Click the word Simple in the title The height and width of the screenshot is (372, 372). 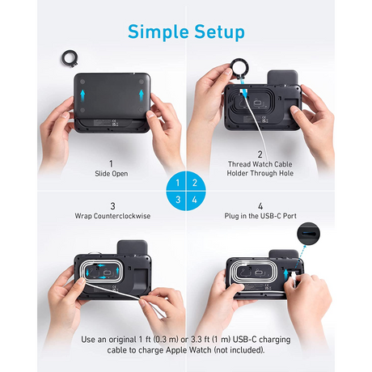tap(159, 32)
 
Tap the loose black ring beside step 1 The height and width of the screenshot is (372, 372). tap(70, 58)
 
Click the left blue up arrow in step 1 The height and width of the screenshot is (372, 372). tap(82, 95)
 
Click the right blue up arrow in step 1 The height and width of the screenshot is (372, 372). tap(142, 95)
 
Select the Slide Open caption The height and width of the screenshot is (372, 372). tap(112, 174)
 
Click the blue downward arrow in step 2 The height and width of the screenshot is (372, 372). tap(244, 91)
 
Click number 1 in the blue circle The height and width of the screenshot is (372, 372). tap(178, 183)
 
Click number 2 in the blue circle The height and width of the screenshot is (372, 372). tap(195, 183)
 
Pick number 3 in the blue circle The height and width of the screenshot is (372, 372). tap(178, 200)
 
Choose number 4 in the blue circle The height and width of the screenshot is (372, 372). tap(195, 200)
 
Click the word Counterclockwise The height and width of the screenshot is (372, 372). tap(122, 216)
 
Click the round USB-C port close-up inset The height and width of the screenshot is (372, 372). tap(308, 234)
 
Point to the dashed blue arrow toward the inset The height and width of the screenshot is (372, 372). tap(300, 257)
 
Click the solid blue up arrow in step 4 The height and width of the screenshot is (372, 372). tap(286, 275)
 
